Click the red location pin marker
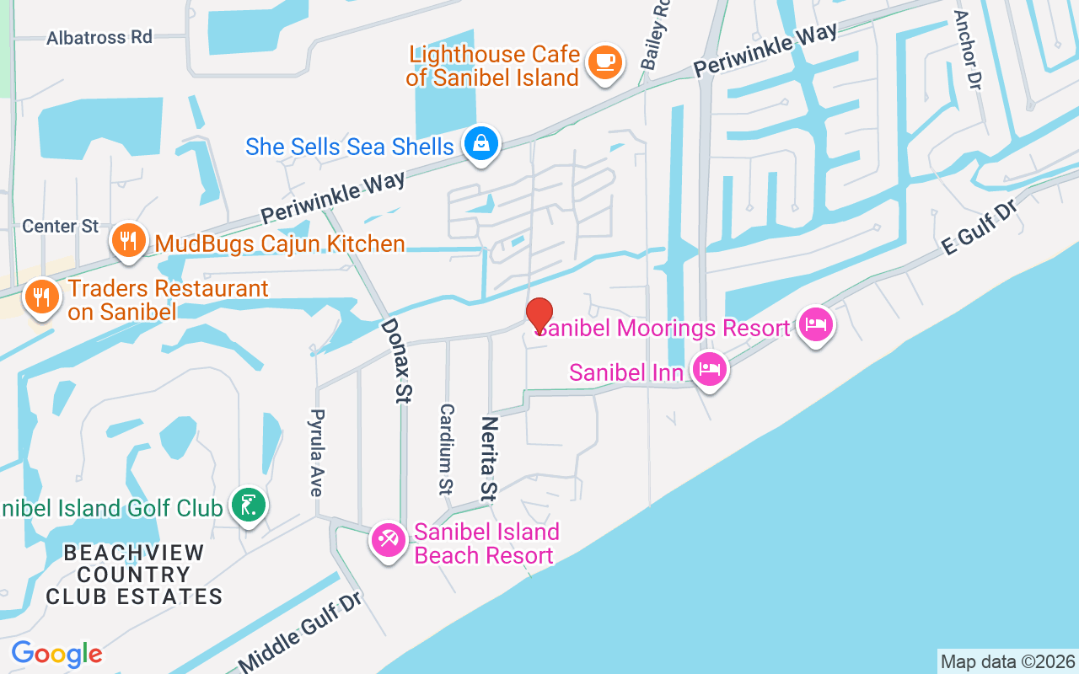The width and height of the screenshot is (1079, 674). click(x=539, y=316)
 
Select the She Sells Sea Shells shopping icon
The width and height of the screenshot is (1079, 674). click(x=480, y=144)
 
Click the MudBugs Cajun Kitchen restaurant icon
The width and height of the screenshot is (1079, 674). click(x=127, y=243)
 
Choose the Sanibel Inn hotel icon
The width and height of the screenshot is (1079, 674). click(x=710, y=368)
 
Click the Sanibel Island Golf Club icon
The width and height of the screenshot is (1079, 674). click(x=250, y=505)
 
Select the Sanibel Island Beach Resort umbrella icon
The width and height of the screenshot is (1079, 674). click(x=389, y=540)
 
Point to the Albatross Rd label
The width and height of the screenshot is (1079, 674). click(x=99, y=38)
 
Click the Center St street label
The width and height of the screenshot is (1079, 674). click(x=61, y=226)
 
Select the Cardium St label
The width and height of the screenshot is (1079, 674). click(x=446, y=447)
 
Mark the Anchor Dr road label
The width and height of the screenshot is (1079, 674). click(x=969, y=50)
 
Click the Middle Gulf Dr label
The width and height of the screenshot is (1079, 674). click(x=301, y=632)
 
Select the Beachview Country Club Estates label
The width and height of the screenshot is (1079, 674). click(x=134, y=575)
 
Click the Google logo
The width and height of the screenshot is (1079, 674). click(x=56, y=654)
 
